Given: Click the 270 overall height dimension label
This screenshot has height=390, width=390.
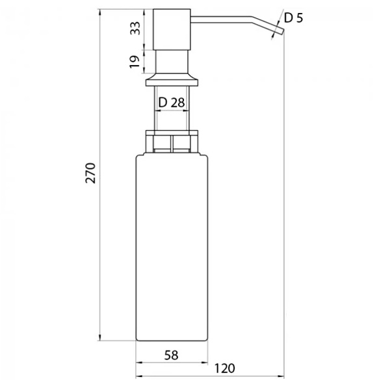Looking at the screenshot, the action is pyautogui.click(x=90, y=173).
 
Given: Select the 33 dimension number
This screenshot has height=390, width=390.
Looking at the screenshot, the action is pyautogui.click(x=136, y=29).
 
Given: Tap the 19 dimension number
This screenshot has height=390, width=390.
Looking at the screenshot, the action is pyautogui.click(x=135, y=62).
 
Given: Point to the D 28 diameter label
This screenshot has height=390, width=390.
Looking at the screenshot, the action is pyautogui.click(x=172, y=102).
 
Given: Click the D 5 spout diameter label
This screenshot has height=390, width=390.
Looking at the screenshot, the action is pyautogui.click(x=294, y=18).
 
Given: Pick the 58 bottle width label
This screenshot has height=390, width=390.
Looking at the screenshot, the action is pyautogui.click(x=172, y=356).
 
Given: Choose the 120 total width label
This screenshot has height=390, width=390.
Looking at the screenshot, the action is pyautogui.click(x=225, y=369).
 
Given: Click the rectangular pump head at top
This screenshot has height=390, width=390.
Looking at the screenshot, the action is pyautogui.click(x=172, y=29).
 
